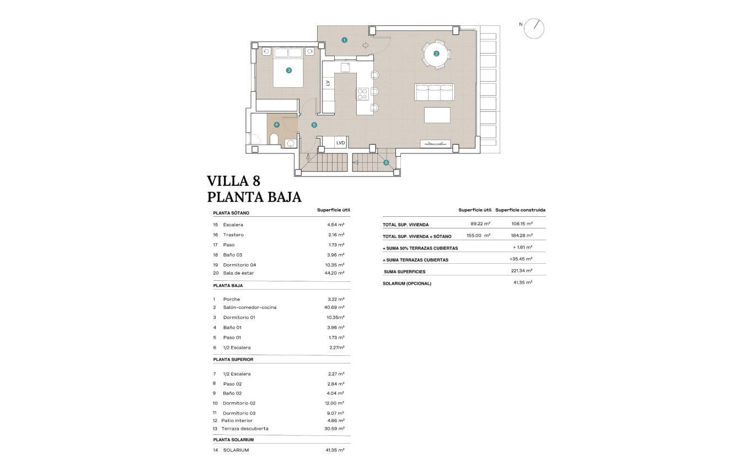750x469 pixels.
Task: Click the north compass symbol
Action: pyautogui.click(x=534, y=28)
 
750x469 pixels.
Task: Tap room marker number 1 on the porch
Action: pyautogui.click(x=344, y=40)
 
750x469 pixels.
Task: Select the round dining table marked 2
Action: pyautogui.click(x=436, y=54)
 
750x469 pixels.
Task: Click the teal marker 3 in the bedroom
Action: pyautogui.click(x=288, y=70)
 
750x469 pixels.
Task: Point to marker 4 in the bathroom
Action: pyautogui.click(x=277, y=125)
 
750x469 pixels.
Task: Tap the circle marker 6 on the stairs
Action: pyautogui.click(x=386, y=162)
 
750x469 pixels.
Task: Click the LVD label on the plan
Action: pyautogui.click(x=340, y=143)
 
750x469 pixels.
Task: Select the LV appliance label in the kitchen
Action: pyautogui.click(x=328, y=83)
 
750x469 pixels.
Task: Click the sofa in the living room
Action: pyautogui.click(x=434, y=92)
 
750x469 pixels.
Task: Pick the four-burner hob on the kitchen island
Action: pyautogui.click(x=362, y=94)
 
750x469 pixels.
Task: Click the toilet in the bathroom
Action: pyautogui.click(x=274, y=138)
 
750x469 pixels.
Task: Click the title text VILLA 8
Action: pyautogui.click(x=233, y=181)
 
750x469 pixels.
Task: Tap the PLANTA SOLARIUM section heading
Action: pyautogui.click(x=233, y=440)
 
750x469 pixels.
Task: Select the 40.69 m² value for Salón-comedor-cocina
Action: pyautogui.click(x=334, y=307)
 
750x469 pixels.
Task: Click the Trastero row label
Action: pyautogui.click(x=233, y=235)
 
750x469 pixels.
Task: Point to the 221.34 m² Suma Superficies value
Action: pyautogui.click(x=521, y=271)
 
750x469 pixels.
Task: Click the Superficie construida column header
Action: pyautogui.click(x=520, y=210)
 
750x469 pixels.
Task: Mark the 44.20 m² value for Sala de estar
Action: pyautogui.click(x=334, y=273)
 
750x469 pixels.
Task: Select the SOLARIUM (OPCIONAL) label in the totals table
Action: pyautogui.click(x=407, y=284)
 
